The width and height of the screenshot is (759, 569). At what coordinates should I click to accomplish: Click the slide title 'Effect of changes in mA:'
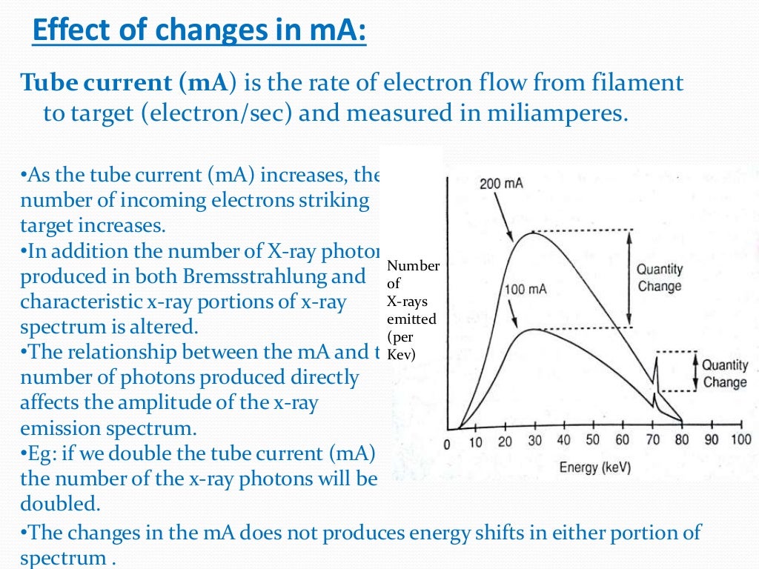pyautogui.click(x=200, y=33)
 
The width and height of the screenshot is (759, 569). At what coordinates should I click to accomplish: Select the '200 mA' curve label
pyautogui.click(x=501, y=183)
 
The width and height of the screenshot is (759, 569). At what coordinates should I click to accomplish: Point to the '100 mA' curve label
pyautogui.click(x=525, y=289)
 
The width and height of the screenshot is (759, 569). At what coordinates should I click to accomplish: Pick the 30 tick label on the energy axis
pyautogui.click(x=534, y=442)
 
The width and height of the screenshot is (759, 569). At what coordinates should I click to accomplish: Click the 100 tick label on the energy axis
pyautogui.click(x=740, y=440)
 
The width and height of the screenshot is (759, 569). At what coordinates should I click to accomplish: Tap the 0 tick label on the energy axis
pyautogui.click(x=447, y=443)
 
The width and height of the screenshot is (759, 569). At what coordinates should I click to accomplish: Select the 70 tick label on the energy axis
pyautogui.click(x=652, y=441)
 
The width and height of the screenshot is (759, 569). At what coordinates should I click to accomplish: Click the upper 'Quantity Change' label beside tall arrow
pyautogui.click(x=659, y=278)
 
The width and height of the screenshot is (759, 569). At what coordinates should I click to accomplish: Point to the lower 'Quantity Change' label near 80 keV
pyautogui.click(x=724, y=373)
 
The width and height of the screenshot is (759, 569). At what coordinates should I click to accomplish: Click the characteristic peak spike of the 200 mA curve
pyautogui.click(x=655, y=363)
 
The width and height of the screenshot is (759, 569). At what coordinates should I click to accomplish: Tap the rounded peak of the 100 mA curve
pyautogui.click(x=531, y=329)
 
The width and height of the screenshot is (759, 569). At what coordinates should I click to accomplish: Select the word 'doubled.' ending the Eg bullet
pyautogui.click(x=59, y=504)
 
